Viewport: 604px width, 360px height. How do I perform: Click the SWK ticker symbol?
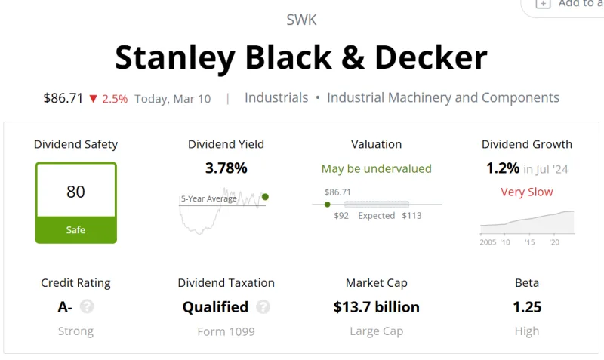301,20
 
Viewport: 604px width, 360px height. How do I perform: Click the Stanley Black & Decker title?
301,57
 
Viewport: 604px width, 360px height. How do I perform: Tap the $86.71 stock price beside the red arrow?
63,98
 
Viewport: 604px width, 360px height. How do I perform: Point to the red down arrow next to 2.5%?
93,98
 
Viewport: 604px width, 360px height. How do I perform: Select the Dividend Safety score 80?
75,192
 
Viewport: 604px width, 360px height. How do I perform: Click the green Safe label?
75,230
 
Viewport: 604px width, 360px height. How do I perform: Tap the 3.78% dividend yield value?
226,168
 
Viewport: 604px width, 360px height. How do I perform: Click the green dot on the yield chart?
265,197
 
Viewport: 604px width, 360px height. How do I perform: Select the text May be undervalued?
376,168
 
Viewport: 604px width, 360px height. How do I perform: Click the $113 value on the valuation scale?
411,216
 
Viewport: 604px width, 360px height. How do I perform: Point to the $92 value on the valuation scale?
341,216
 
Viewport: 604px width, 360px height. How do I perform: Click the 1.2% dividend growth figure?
503,168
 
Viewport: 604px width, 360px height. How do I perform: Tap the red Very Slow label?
527,192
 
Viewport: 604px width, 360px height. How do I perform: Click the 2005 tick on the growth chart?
488,242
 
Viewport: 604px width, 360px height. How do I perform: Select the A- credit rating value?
65,307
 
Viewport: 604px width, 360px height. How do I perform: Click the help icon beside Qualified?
263,307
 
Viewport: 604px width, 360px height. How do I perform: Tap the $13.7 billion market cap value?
376,307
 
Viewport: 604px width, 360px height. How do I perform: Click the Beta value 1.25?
527,307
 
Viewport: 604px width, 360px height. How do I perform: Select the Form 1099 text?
226,331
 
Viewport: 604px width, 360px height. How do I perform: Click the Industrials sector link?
276,98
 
